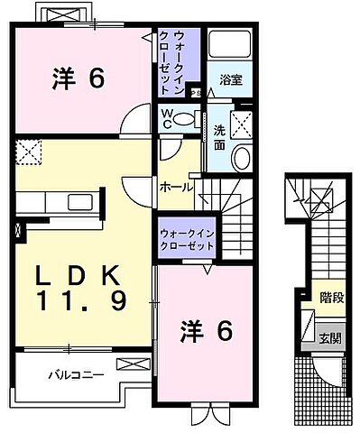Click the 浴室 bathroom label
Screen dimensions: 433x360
click(x=232, y=79)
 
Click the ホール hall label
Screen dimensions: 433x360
click(x=176, y=187)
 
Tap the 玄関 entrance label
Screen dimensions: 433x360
click(x=329, y=338)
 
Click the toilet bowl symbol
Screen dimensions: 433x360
click(x=186, y=117)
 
